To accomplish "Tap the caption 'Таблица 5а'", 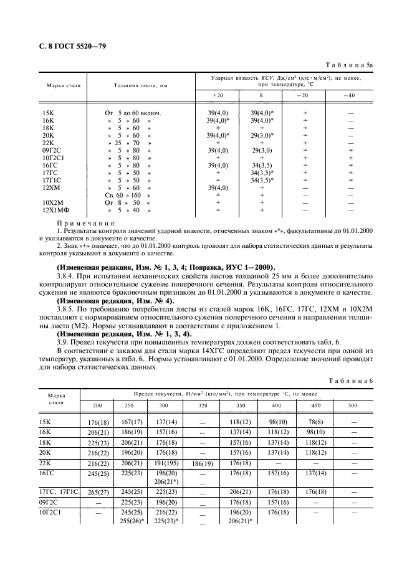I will [x=352, y=64].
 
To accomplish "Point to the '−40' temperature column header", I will [x=350, y=95].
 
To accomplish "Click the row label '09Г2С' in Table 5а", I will [x=51, y=150].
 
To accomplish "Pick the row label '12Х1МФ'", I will [x=55, y=210].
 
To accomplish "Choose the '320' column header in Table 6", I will [x=202, y=405].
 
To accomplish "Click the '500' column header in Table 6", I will [x=353, y=405].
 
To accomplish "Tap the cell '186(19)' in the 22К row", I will [x=202, y=463].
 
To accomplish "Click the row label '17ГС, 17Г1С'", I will [x=59, y=491].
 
